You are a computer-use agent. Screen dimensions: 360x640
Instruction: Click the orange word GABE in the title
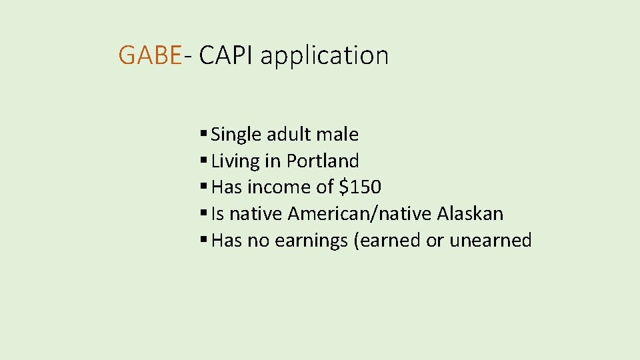coord(149,55)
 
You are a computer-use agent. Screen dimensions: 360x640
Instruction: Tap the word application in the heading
coord(324,56)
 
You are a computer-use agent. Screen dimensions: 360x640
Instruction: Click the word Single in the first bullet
coord(236,135)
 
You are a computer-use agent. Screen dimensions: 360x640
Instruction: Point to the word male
coord(337,135)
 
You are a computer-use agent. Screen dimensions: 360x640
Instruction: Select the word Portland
coord(323,161)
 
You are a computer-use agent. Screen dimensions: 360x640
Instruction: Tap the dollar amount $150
coord(360,187)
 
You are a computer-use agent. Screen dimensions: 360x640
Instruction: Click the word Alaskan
coord(470,214)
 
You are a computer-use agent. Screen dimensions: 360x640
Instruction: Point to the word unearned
coord(491,241)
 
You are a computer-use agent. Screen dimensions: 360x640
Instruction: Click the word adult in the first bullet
coord(289,135)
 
